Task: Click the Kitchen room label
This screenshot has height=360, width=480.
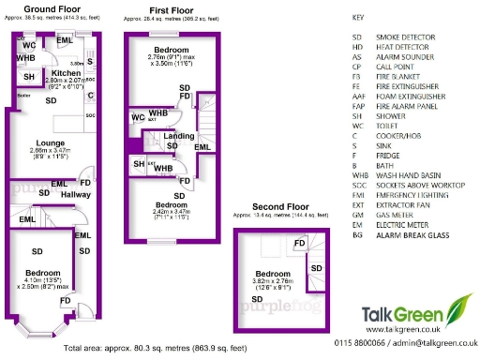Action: [x=67, y=72]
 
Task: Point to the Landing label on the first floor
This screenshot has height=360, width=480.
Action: [x=178, y=136]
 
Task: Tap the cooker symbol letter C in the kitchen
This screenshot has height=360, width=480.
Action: [x=90, y=95]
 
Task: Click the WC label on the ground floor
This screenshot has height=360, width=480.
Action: [x=29, y=44]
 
